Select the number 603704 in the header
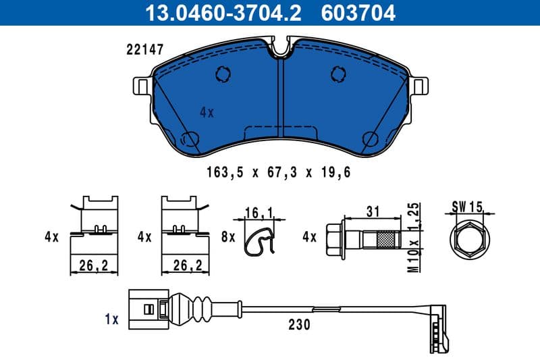click(x=360, y=12)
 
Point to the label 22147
click(x=144, y=49)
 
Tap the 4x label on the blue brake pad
click(x=207, y=113)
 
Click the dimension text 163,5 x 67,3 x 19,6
click(x=278, y=173)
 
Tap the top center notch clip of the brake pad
click(x=282, y=48)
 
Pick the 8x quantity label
click(x=227, y=237)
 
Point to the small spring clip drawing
click(x=259, y=240)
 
